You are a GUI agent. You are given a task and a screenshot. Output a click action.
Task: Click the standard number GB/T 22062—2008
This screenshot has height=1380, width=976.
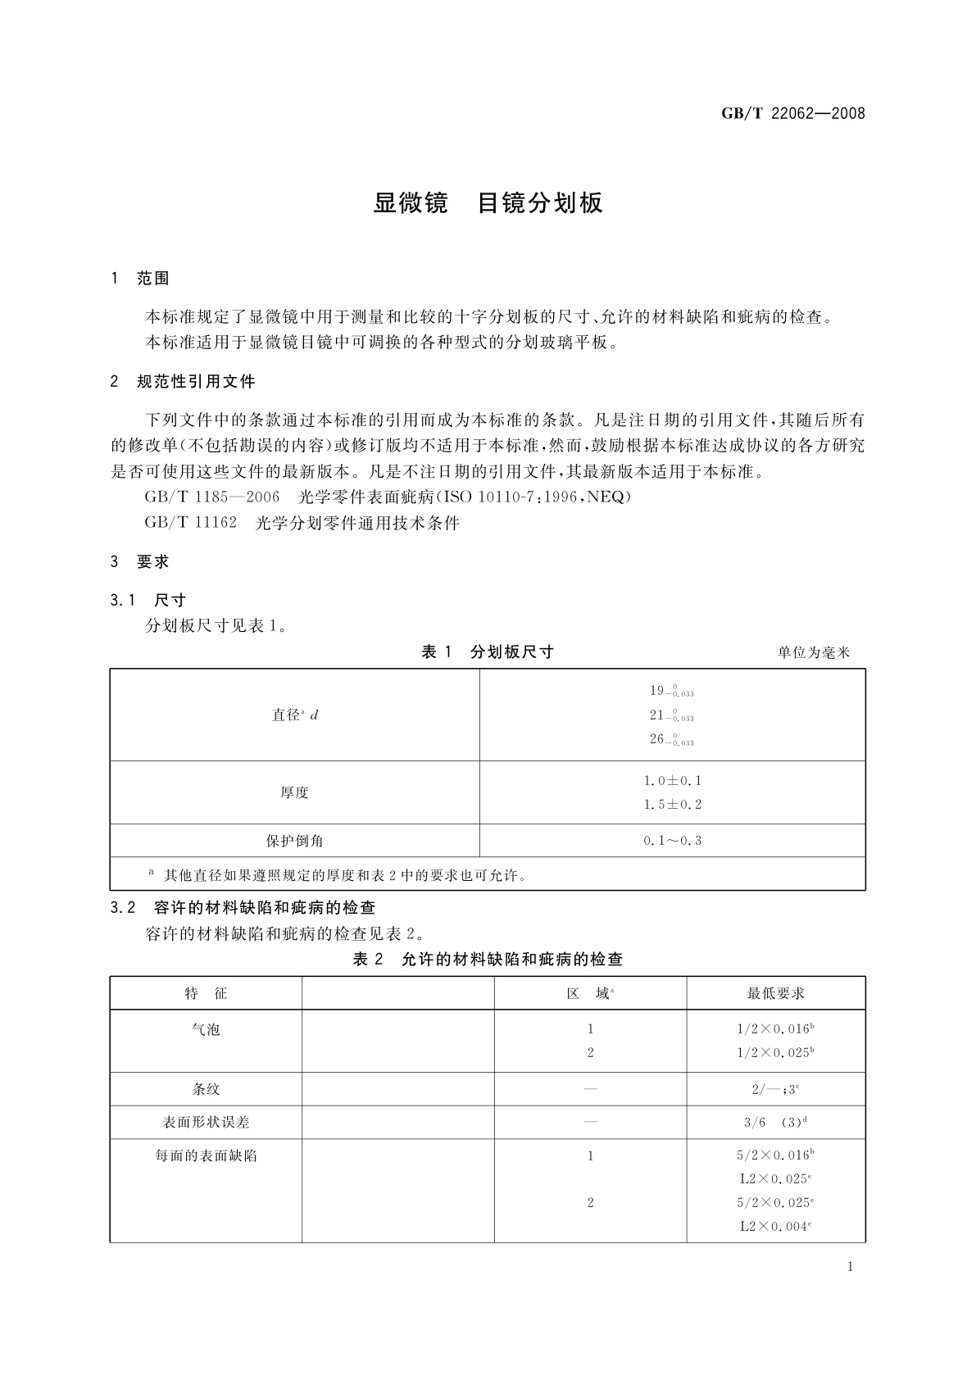[792, 114]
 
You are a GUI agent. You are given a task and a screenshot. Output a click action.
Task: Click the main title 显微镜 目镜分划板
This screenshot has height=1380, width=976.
[488, 203]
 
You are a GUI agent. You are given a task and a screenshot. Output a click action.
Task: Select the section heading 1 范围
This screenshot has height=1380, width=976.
[140, 279]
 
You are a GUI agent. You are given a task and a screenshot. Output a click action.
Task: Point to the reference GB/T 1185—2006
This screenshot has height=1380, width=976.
[211, 497]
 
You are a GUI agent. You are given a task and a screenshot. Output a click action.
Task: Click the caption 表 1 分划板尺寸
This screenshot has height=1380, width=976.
[487, 652]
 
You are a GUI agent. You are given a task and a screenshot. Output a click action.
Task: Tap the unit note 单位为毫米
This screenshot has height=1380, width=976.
[813, 653]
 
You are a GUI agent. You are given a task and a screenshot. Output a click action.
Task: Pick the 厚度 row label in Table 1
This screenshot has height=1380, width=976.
[294, 792]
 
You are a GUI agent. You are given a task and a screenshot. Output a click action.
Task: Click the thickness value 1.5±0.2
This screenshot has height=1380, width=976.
[672, 805]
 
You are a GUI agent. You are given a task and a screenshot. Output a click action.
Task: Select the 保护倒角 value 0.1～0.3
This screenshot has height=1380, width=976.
[672, 841]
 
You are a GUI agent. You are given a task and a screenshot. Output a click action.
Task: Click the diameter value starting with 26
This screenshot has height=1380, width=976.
[671, 739]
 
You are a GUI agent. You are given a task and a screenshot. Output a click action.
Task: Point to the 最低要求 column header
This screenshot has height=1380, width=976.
[775, 993]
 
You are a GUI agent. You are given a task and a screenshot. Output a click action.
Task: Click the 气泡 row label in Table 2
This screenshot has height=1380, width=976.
[206, 1029]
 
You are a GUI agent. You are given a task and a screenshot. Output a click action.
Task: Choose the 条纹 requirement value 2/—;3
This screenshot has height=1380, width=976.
[775, 1090]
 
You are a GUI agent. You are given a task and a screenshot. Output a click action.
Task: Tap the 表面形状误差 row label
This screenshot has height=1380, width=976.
[206, 1123]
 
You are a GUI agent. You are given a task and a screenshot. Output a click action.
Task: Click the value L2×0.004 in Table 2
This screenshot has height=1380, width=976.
[775, 1227]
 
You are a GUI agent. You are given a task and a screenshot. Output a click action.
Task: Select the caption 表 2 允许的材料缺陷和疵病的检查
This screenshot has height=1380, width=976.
[487, 960]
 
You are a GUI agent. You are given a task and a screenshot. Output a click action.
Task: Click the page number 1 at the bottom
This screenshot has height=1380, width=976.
[850, 1267]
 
